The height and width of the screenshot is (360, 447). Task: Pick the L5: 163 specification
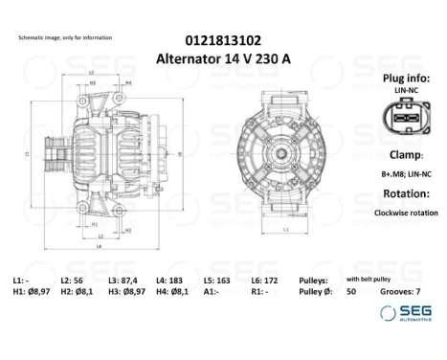coord(217,279)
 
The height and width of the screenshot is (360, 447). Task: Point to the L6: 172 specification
coord(265,279)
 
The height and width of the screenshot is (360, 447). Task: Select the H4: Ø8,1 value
coord(176,290)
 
